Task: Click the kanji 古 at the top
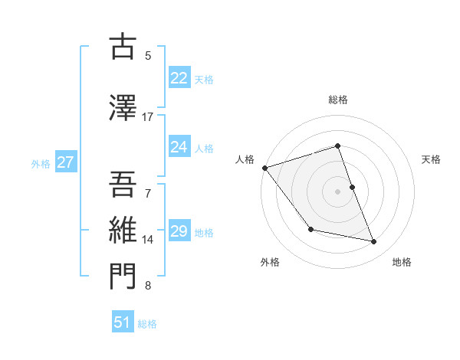[124, 47]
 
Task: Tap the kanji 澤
[124, 108]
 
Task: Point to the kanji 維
[124, 229]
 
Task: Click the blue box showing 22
[179, 78]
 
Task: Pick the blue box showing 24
[179, 147]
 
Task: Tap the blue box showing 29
[179, 231]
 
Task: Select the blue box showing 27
[66, 162]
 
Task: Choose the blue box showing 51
[123, 322]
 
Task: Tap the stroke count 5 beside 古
[148, 55]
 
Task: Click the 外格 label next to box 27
[41, 163]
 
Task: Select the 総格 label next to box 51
[147, 324]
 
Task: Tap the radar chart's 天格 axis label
[432, 159]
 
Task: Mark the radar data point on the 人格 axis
[264, 168]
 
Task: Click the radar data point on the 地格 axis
[374, 242]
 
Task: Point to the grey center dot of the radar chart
[337, 191]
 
